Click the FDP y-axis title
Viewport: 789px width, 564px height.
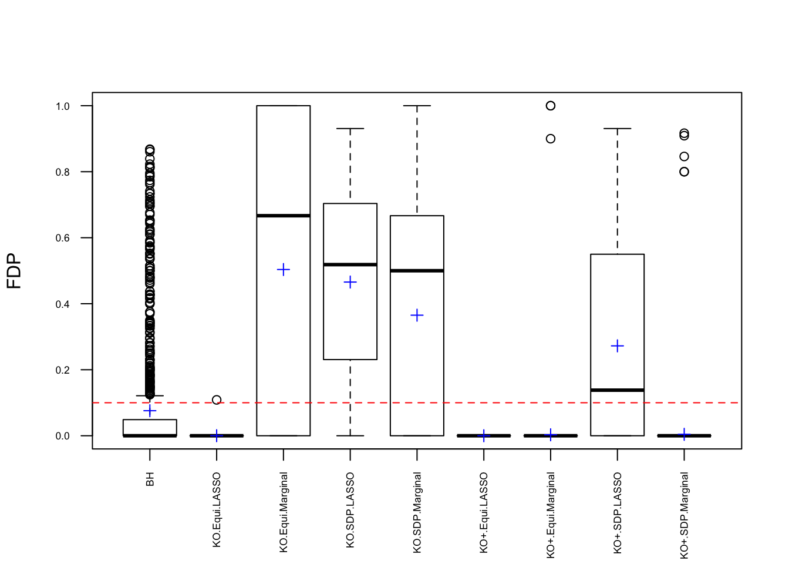tap(14, 271)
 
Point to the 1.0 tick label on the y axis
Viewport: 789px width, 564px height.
tap(62, 106)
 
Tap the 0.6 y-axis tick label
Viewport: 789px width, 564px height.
tap(62, 238)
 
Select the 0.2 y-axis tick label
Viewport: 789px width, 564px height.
tap(62, 370)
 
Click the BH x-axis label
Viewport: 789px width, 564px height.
tap(150, 479)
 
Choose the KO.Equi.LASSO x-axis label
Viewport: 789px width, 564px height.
tap(217, 509)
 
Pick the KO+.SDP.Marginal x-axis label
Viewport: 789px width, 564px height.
tap(684, 515)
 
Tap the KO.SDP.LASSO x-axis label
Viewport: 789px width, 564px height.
tap(350, 510)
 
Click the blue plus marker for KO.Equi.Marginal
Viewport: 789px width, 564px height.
tap(284, 270)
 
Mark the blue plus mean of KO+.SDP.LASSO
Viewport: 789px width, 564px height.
tap(618, 346)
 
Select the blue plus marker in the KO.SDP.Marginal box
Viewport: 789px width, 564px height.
tap(417, 315)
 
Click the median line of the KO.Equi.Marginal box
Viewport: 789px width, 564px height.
tap(284, 216)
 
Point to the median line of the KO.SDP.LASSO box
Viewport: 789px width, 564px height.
tap(350, 264)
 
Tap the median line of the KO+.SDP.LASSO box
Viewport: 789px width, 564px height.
tap(618, 390)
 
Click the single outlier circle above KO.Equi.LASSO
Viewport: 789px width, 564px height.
tap(217, 400)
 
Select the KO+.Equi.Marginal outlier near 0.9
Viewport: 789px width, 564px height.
tap(551, 139)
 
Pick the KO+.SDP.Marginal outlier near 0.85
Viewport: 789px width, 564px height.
tap(684, 156)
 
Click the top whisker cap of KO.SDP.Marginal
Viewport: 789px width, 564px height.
tap(417, 106)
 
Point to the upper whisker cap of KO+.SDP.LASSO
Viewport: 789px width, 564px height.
tap(618, 128)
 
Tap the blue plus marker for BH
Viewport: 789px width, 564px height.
tap(150, 411)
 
